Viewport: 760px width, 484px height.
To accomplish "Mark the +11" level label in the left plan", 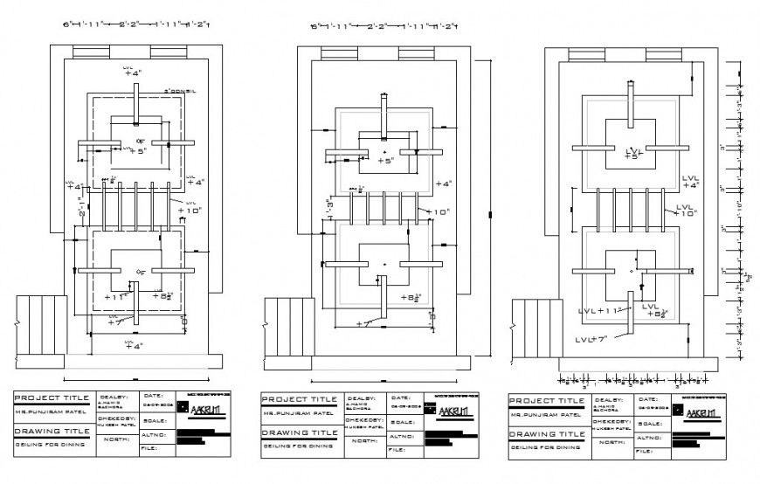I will pos(117,296).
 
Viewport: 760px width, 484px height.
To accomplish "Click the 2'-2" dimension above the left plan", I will pos(134,26).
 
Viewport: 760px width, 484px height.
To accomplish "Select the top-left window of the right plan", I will pos(585,55).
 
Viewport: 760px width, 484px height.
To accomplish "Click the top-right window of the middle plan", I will pos(415,54).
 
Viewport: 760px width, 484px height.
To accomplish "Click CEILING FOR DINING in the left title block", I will pos(49,445).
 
